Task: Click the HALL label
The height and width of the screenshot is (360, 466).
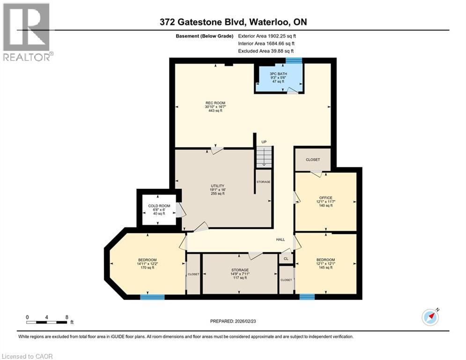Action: (280, 240)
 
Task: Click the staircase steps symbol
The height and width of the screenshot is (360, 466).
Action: (264, 156)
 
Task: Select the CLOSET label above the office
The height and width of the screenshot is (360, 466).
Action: (313, 160)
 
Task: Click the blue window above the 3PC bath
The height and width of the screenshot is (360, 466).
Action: (294, 60)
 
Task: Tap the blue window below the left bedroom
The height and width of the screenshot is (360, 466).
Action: (152, 297)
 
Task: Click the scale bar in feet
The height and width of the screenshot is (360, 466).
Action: (47, 322)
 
